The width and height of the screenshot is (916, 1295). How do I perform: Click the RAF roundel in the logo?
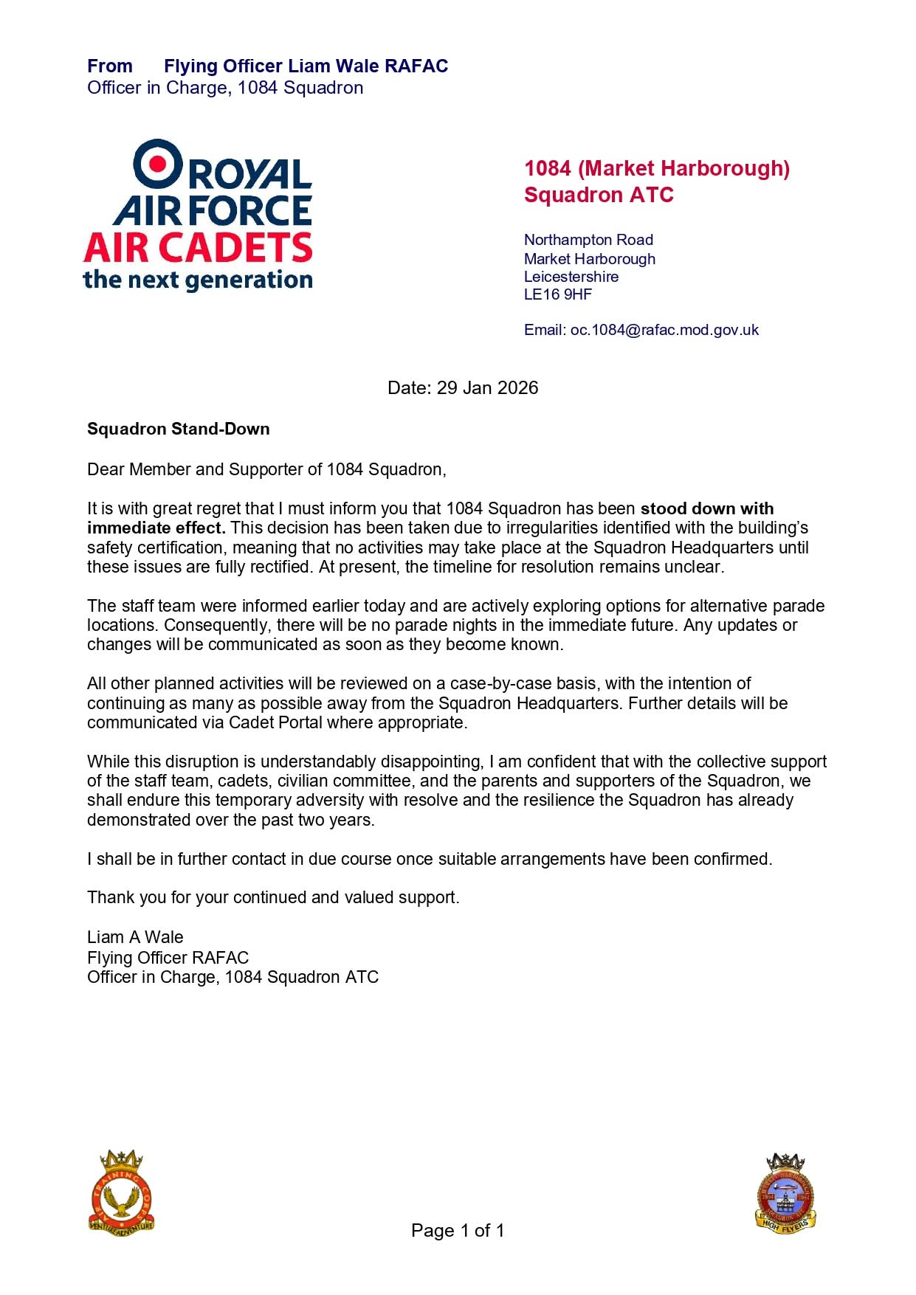157,164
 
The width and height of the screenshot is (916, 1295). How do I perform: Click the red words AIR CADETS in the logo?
198,248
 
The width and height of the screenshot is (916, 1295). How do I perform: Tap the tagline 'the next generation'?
198,280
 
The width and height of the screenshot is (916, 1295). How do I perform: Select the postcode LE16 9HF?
558,294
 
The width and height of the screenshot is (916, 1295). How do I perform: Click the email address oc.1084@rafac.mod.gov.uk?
664,330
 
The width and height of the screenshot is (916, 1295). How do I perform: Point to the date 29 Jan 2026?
487,388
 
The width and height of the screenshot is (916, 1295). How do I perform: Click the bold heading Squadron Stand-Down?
179,429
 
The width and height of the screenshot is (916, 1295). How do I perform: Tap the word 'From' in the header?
110,66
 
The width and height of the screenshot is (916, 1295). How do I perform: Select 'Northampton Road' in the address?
588,240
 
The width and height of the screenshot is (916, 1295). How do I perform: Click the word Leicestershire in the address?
571,277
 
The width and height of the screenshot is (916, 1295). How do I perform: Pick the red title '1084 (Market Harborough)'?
657,169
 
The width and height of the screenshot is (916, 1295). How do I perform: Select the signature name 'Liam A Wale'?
135,937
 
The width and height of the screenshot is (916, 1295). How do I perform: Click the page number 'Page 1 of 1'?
458,1230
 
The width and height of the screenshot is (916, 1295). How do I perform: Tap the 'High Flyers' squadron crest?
785,1193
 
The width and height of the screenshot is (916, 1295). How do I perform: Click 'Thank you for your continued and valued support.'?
273,897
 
